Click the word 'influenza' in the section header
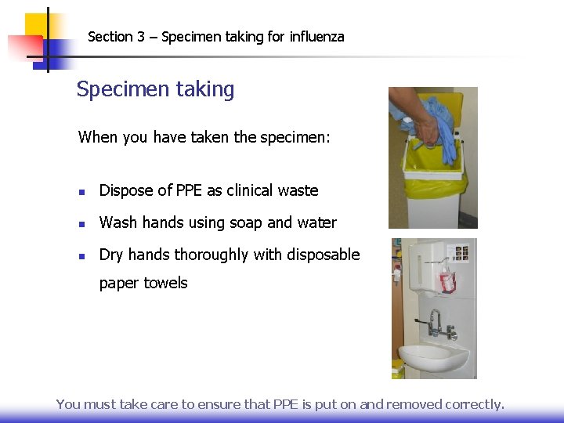[x=316, y=37]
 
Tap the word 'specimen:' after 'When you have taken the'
[x=295, y=138]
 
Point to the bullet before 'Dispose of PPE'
[x=82, y=191]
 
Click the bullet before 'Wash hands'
[x=82, y=223]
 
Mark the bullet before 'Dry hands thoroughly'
[x=82, y=255]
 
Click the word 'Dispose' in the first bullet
[x=125, y=190]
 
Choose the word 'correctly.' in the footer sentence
[x=475, y=404]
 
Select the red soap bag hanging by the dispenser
[x=447, y=280]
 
